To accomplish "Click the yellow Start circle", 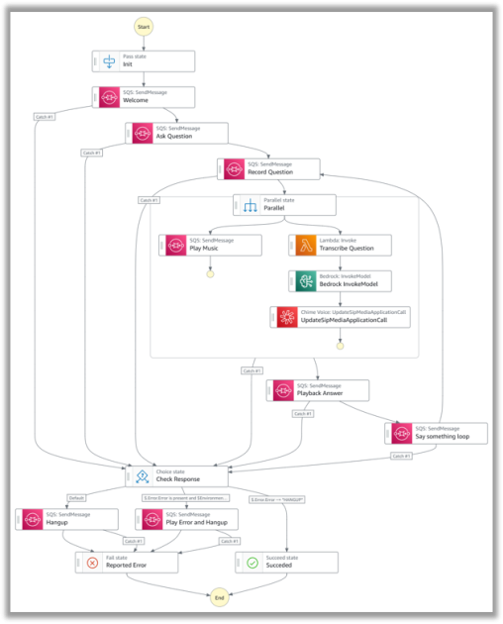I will [144, 26].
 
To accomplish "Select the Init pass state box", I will [144, 61].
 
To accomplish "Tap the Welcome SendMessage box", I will [144, 97].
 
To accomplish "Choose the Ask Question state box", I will [176, 133].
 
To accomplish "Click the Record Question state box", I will [270, 168].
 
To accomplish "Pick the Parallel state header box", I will [284, 205].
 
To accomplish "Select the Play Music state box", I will [210, 246].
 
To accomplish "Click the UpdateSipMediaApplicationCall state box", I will [341, 317].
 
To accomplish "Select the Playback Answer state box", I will [317, 390].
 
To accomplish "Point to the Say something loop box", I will [435, 432].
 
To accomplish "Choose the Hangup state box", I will [67, 519].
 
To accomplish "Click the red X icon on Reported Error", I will [92, 563].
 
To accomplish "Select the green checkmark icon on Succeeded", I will [251, 563].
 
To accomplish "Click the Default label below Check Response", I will [75, 497].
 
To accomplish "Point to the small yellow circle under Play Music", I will [210, 273].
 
